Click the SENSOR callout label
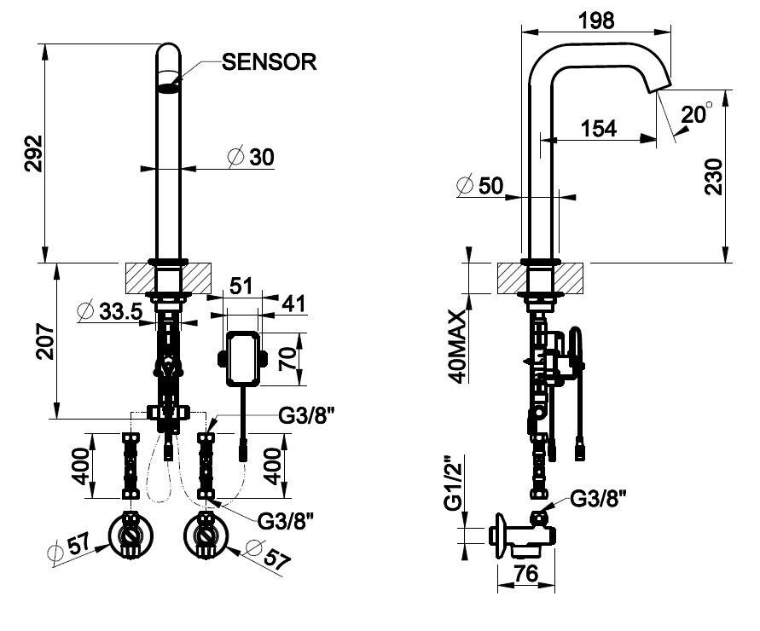[x=269, y=61]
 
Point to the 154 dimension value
[x=598, y=129]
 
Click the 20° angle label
[x=697, y=114]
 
